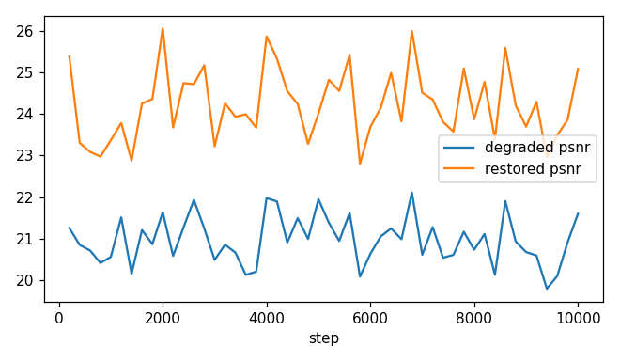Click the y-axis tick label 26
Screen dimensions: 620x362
(x=24, y=32)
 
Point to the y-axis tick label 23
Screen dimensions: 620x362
(x=24, y=156)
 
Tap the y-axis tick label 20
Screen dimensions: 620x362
(x=24, y=280)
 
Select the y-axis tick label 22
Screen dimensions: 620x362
(x=24, y=197)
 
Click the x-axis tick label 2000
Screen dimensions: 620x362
(x=163, y=318)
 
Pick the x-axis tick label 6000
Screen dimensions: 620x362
(x=370, y=318)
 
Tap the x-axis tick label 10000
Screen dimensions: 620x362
(x=578, y=318)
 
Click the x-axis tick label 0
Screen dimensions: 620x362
(x=59, y=318)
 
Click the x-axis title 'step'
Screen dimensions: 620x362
(x=324, y=338)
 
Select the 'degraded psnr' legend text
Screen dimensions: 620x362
(x=537, y=148)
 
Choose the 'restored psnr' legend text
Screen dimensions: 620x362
(x=533, y=168)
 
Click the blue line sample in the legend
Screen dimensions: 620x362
(x=459, y=148)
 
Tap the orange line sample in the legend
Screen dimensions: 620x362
(x=459, y=168)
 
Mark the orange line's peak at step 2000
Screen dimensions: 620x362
(x=163, y=28)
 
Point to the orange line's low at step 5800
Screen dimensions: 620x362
(x=360, y=164)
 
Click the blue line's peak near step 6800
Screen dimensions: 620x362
(x=411, y=193)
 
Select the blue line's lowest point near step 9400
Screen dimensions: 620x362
(x=547, y=289)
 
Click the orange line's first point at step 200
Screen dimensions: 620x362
(x=70, y=56)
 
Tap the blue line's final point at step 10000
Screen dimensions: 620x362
(x=578, y=213)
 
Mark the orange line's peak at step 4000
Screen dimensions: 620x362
(x=267, y=36)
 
